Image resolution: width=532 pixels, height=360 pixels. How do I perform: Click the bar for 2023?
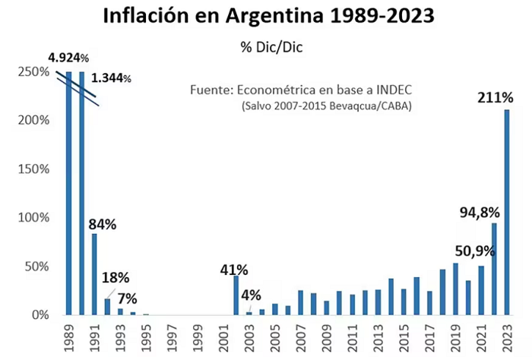point(507,212)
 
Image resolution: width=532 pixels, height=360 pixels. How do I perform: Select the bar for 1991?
point(94,274)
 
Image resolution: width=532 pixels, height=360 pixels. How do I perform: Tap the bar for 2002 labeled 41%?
point(236,295)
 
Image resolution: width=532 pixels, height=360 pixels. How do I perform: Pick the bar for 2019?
point(455,289)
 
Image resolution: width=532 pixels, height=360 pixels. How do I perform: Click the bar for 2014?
point(391,297)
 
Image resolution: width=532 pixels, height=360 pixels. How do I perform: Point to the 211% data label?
point(496,98)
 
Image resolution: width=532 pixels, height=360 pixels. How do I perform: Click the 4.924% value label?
point(68,58)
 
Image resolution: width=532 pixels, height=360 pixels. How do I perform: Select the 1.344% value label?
point(111,78)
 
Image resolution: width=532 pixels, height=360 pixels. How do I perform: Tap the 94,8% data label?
point(480,213)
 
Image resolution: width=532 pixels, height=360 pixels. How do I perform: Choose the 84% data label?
point(103,224)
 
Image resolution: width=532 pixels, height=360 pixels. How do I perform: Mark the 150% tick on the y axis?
point(33,169)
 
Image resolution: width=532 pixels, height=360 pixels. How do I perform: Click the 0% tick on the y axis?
point(41,315)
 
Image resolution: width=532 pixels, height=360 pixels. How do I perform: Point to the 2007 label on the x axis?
point(301,338)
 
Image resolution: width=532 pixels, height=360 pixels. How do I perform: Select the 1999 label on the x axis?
point(198,338)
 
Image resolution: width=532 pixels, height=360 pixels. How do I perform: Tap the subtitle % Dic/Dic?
point(271,47)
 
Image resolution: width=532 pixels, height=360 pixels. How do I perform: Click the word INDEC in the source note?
point(394,90)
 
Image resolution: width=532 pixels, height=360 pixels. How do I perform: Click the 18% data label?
point(116,278)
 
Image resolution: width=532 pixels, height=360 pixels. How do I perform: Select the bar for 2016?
point(416,296)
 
